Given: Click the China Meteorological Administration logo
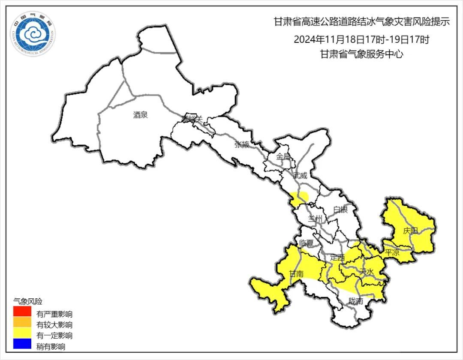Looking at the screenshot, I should tap(33, 33).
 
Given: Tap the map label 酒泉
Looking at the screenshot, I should tap(140, 114).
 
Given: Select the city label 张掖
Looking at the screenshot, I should tap(242, 144).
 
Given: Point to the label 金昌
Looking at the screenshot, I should tap(283, 156).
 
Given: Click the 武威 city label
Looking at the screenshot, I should tap(300, 175).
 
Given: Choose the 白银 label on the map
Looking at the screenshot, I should tap(340, 209).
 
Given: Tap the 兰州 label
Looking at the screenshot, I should tap(316, 219).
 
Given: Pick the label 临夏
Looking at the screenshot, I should tap(307, 243).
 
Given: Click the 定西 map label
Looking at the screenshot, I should tap(337, 258).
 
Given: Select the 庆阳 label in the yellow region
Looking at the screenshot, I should tap(410, 231).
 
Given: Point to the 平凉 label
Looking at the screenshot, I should tap(392, 252).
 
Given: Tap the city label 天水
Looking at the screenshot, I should tap(367, 271).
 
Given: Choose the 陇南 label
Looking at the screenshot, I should tap(356, 301).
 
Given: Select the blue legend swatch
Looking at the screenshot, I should tap(22, 343).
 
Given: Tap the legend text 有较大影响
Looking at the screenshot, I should tap(54, 324).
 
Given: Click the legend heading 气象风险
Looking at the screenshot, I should tap(28, 301).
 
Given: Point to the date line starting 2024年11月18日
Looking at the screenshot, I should tap(361, 40).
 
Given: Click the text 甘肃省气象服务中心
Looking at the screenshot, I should tap(361, 54).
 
